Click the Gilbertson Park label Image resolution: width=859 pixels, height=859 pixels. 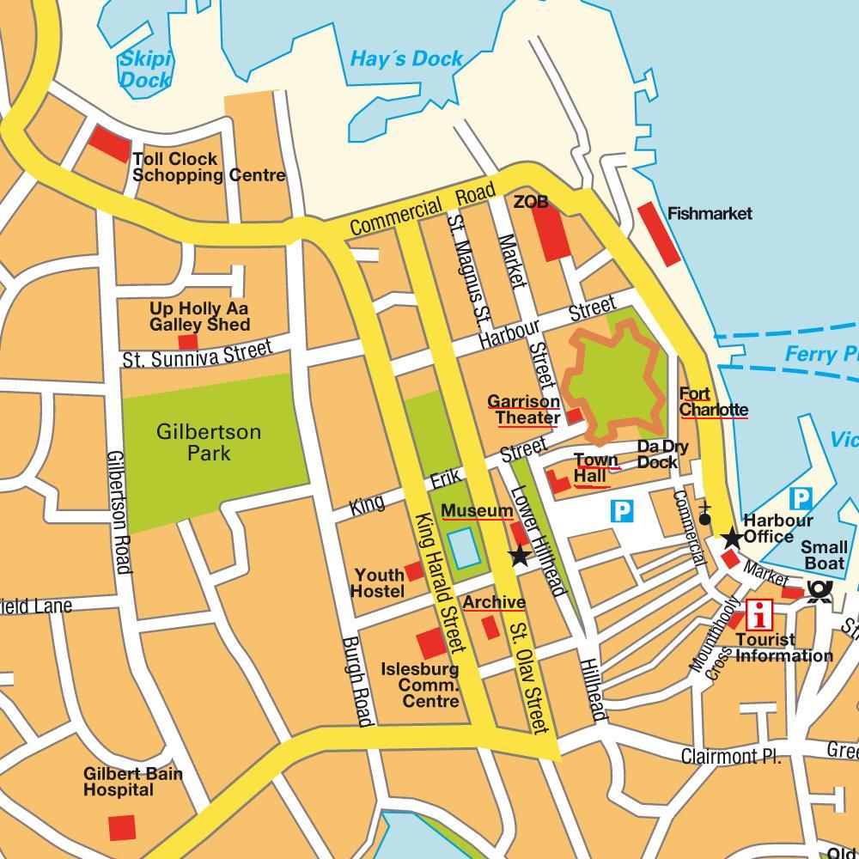tap(208, 442)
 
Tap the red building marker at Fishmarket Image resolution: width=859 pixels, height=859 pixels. tap(659, 233)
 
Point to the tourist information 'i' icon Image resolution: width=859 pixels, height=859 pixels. tap(758, 615)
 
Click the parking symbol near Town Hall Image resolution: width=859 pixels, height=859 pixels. tap(622, 513)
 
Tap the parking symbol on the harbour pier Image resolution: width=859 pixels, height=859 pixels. tap(800, 497)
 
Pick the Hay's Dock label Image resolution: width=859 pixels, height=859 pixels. tap(406, 59)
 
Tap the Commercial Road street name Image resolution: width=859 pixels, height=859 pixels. tap(423, 209)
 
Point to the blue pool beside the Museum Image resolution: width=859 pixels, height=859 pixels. tap(465, 549)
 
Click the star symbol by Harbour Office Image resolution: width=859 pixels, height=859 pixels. tap(731, 539)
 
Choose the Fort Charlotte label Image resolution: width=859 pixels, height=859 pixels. tap(712, 401)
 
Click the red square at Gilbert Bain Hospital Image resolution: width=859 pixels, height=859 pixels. tap(122, 827)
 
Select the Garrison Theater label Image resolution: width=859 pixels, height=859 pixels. tap(524, 409)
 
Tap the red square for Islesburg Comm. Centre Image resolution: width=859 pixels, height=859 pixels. tap(431, 644)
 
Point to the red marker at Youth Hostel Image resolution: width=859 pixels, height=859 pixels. tap(414, 571)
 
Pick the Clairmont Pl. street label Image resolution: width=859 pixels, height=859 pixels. tap(730, 757)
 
